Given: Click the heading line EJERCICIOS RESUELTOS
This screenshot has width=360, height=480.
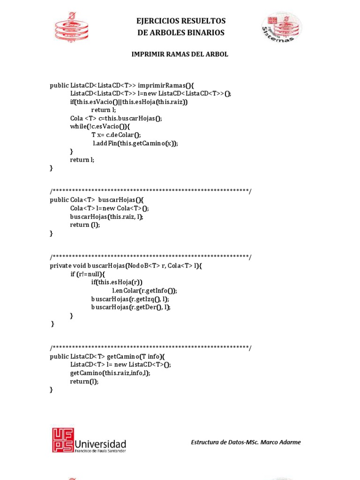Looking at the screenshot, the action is click(180, 21).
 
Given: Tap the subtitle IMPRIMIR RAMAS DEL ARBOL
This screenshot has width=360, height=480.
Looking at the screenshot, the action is click(180, 54).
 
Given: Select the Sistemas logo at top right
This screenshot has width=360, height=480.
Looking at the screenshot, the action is click(281, 27).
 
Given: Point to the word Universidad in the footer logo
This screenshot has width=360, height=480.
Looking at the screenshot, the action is click(100, 443).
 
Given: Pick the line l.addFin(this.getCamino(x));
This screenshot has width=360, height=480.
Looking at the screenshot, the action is click(135, 143).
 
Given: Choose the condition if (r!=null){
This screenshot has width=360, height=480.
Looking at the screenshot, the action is click(88, 274).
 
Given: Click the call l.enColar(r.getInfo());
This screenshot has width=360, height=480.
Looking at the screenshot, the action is click(144, 291).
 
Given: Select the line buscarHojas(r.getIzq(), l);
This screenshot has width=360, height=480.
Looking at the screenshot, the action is click(130, 299).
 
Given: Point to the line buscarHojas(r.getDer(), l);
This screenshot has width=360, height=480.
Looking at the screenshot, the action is click(131, 307).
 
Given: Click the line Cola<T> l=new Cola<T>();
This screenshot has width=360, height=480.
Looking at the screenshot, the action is click(109, 208).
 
